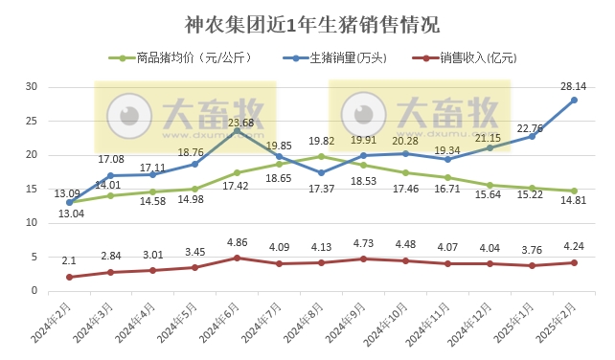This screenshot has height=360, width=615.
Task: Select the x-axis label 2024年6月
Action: point(221,325)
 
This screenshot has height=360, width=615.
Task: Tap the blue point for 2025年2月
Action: point(574,100)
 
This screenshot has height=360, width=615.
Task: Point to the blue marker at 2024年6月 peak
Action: point(238,130)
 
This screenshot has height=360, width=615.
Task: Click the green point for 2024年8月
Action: point(322,156)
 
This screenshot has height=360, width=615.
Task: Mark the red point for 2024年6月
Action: point(238,258)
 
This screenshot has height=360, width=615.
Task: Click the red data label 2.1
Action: point(69,261)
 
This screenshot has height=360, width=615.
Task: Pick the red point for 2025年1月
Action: point(532,265)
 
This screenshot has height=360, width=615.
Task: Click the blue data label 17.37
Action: point(322,188)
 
